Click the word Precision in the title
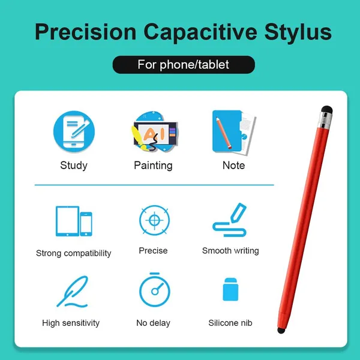pyautogui.click(x=86, y=32)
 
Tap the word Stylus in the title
pyautogui.click(x=298, y=33)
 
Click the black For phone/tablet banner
pyautogui.click(x=184, y=65)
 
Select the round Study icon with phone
pyautogui.click(x=74, y=131)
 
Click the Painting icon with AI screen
pyautogui.click(x=154, y=131)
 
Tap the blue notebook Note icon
pyautogui.click(x=234, y=133)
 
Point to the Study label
pyautogui.click(x=74, y=166)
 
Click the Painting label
pyautogui.click(x=153, y=166)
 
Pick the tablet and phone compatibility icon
pyautogui.click(x=74, y=221)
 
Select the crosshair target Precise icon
pyautogui.click(x=155, y=220)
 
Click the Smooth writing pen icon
pyautogui.click(x=230, y=220)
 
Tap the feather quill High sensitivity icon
pyautogui.click(x=73, y=292)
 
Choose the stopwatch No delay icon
pyautogui.click(x=155, y=290)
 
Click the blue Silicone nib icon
pyautogui.click(x=230, y=289)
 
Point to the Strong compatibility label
pyautogui.click(x=73, y=253)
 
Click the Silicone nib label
pyautogui.click(x=230, y=323)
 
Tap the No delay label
pyautogui.click(x=153, y=323)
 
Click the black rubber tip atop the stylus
pyautogui.click(x=327, y=110)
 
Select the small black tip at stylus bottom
pyautogui.click(x=281, y=331)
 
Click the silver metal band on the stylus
pyautogui.click(x=325, y=121)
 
